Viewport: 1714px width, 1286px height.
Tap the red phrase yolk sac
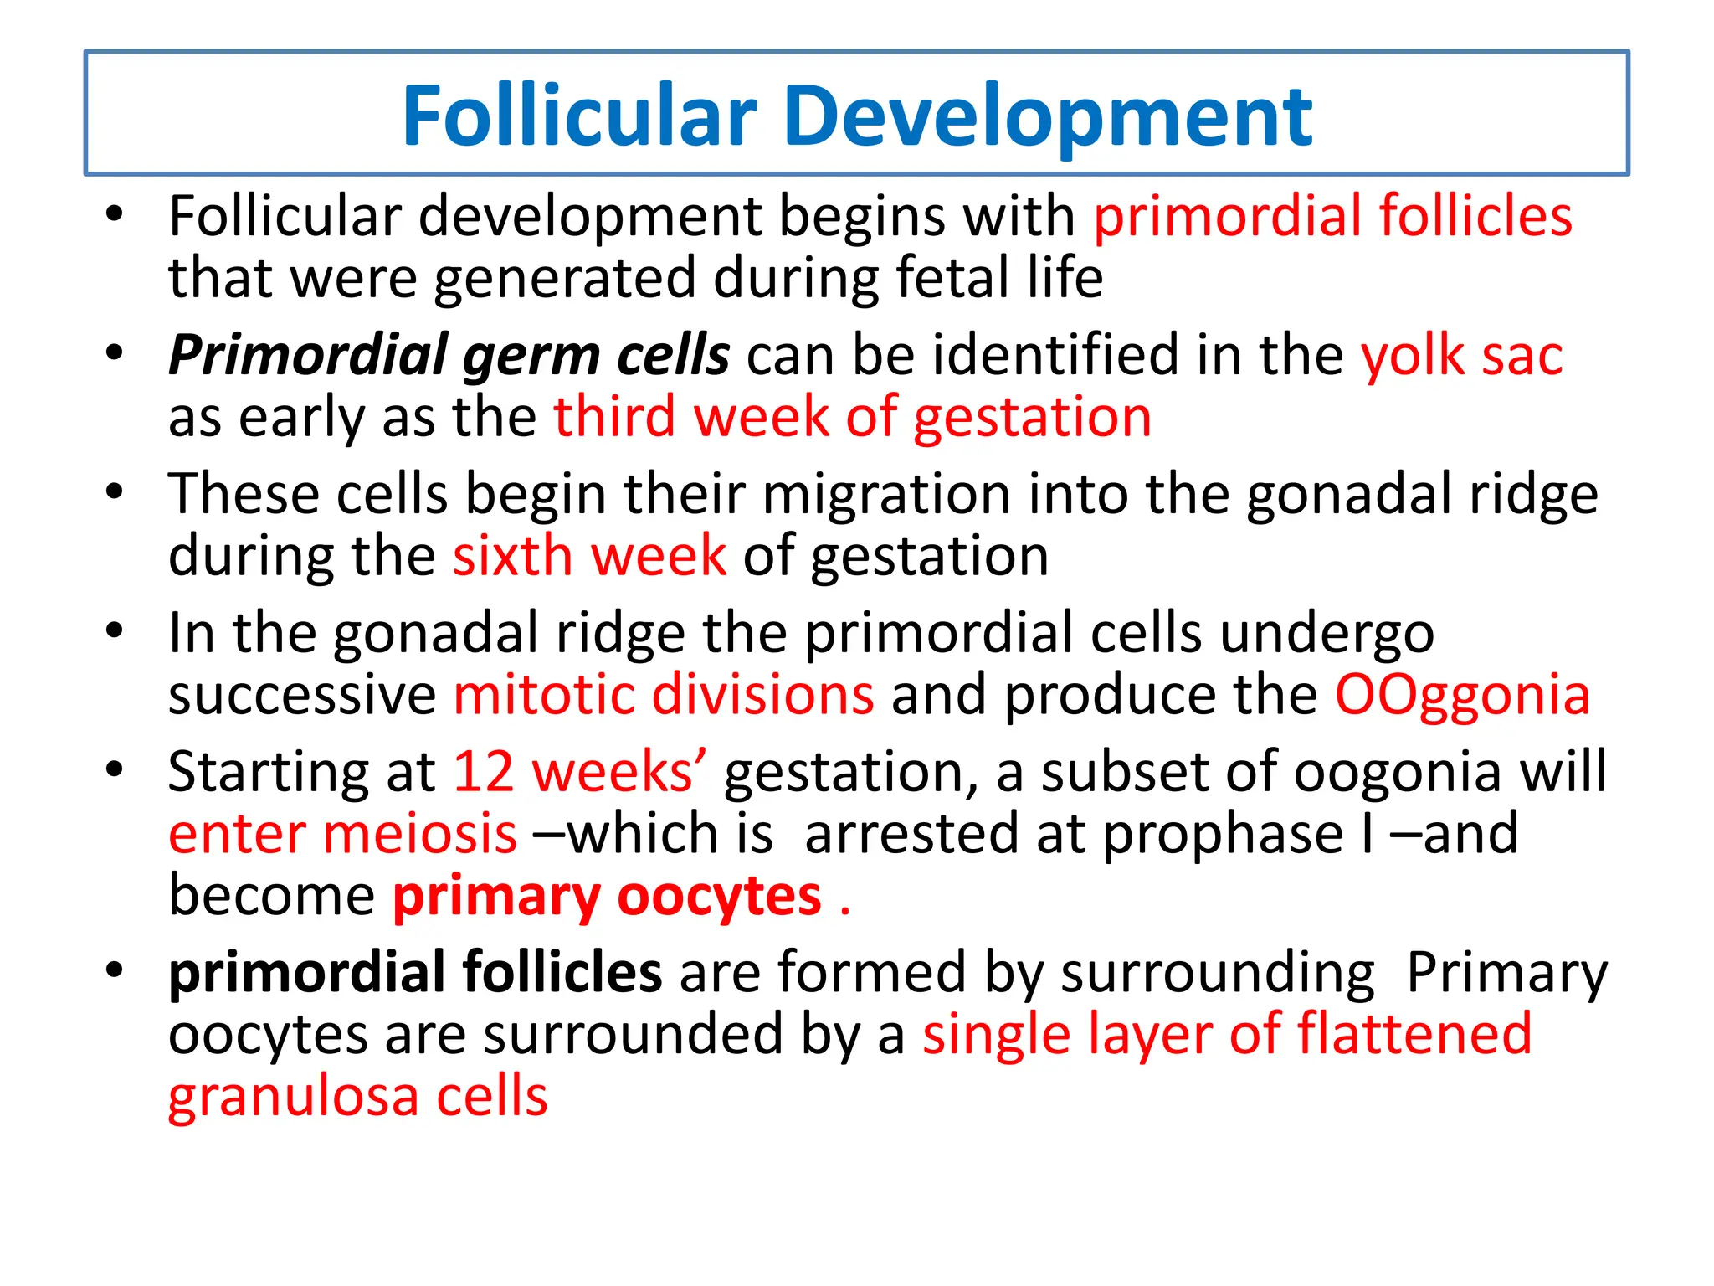pyautogui.click(x=1461, y=355)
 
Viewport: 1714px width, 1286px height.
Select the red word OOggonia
pyautogui.click(x=1462, y=696)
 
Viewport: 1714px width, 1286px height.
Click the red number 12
pyautogui.click(x=483, y=771)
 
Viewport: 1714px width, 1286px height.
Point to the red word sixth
pyautogui.click(x=513, y=556)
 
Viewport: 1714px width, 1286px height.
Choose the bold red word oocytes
pyautogui.click(x=719, y=897)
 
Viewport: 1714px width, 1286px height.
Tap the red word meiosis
pyautogui.click(x=420, y=834)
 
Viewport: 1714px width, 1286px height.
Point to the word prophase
pyautogui.click(x=1223, y=834)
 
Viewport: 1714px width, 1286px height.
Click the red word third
pyautogui.click(x=614, y=417)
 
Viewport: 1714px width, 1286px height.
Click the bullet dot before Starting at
pyautogui.click(x=115, y=768)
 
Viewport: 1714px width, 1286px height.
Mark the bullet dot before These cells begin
pyautogui.click(x=115, y=491)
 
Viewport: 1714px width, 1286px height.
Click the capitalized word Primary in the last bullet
pyautogui.click(x=1506, y=973)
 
